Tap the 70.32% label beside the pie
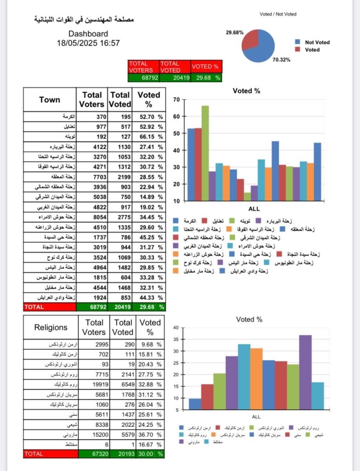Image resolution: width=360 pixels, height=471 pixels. (281, 60)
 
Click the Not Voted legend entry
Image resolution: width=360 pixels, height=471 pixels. (317, 42)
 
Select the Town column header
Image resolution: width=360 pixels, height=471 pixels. (50, 100)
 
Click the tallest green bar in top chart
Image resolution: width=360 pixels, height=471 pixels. (205, 153)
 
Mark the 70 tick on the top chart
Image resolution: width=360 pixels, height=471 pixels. (176, 100)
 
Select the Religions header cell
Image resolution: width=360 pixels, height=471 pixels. (51, 327)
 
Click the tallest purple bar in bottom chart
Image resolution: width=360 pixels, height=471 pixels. (305, 372)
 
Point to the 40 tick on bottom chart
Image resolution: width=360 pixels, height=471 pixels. (176, 328)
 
